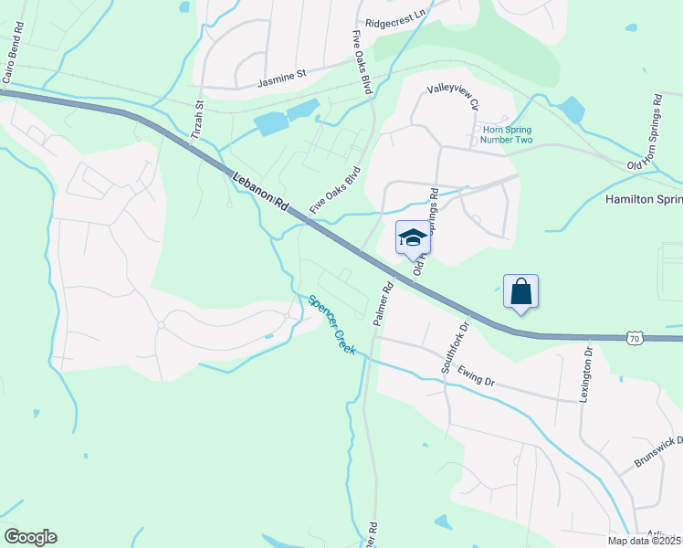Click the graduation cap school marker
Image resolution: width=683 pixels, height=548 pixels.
pyautogui.click(x=412, y=238)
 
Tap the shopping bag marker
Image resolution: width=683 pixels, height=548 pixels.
pyautogui.click(x=520, y=291)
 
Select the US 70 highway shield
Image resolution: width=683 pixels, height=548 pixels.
pyautogui.click(x=636, y=339)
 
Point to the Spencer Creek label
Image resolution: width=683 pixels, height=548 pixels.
pyautogui.click(x=331, y=324)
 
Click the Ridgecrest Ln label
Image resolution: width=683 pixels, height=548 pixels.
pyautogui.click(x=395, y=17)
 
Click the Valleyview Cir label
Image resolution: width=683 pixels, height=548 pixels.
pyautogui.click(x=454, y=97)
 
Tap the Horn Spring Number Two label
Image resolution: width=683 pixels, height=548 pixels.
pyautogui.click(x=520, y=135)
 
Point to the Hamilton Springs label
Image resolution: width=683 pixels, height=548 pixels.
pyautogui.click(x=643, y=198)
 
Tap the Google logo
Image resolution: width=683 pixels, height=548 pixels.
pyautogui.click(x=30, y=537)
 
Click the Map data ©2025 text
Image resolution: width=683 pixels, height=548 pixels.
pyautogui.click(x=645, y=541)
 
